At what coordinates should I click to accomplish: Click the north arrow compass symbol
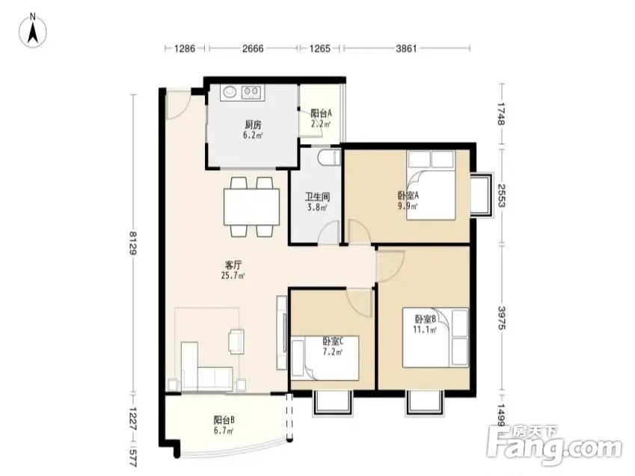(x=33, y=31)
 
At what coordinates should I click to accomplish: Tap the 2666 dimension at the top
(x=253, y=49)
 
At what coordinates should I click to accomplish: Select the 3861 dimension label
(x=406, y=49)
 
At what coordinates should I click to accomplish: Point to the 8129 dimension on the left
(x=133, y=242)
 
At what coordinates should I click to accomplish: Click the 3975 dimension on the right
(x=502, y=318)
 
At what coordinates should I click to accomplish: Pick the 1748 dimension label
(x=502, y=114)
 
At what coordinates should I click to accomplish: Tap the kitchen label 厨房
(x=253, y=125)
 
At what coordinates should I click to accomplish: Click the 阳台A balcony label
(x=321, y=114)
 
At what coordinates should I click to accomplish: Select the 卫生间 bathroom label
(x=317, y=197)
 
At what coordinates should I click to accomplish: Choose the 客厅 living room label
(x=233, y=265)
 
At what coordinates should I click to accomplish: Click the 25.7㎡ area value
(x=233, y=276)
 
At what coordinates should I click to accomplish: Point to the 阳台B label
(x=224, y=420)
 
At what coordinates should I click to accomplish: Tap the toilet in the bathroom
(x=329, y=158)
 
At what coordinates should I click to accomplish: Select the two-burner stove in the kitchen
(x=251, y=93)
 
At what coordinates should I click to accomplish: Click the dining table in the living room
(x=251, y=207)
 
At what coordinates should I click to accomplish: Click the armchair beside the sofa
(x=236, y=341)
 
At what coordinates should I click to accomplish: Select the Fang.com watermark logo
(x=555, y=445)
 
